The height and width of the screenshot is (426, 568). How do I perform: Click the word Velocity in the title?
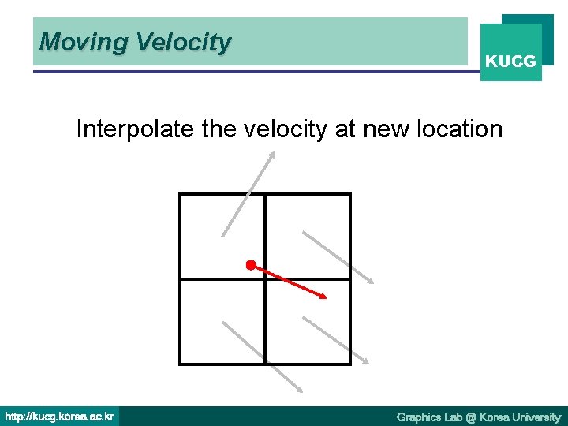pyautogui.click(x=183, y=42)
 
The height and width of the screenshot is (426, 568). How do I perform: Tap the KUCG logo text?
pyautogui.click(x=510, y=61)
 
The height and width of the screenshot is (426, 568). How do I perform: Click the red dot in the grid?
pyautogui.click(x=250, y=265)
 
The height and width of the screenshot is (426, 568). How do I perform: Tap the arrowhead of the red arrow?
pyautogui.click(x=323, y=296)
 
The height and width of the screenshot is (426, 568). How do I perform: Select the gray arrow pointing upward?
pyautogui.click(x=248, y=194)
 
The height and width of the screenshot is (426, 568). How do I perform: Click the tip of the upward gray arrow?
pyautogui.click(x=273, y=154)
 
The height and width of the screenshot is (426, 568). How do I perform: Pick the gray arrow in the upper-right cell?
pyautogui.click(x=337, y=257)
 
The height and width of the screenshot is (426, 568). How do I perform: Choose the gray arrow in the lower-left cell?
pyautogui.click(x=261, y=356)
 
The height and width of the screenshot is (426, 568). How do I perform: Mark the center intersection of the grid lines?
pyautogui.click(x=264, y=278)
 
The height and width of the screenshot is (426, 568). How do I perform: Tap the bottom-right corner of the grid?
pyautogui.click(x=349, y=363)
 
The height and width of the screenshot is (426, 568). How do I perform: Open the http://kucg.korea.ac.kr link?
pyautogui.click(x=59, y=416)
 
